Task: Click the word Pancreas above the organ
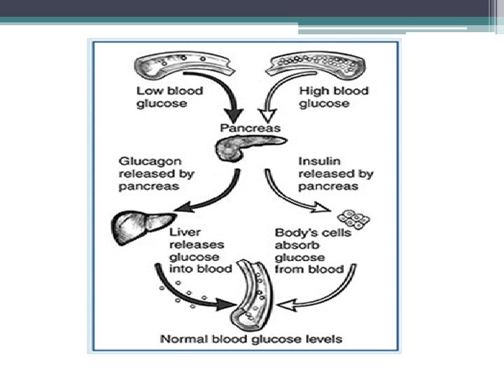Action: (x=250, y=128)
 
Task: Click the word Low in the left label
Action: (x=149, y=91)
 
